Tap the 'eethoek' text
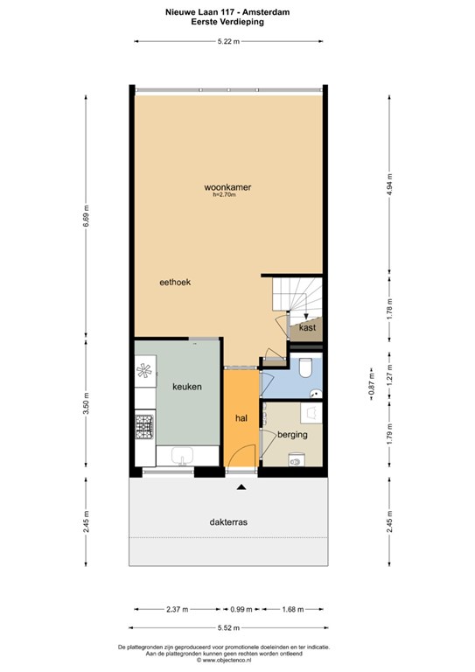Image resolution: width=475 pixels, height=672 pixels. pos(174,283)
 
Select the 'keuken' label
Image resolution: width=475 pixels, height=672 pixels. pos(187,386)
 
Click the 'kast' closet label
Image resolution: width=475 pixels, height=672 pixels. pos(306,327)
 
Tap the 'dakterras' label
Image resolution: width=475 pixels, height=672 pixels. pos(228,521)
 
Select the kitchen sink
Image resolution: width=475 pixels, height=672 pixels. pos(183,455)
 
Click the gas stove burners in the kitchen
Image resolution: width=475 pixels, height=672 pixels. pos(144,428)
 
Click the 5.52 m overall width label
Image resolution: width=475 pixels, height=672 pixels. pos(229,626)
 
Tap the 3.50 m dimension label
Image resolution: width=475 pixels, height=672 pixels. pos(86,409)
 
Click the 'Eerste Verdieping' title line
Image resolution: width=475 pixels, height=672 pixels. pos(228,23)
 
